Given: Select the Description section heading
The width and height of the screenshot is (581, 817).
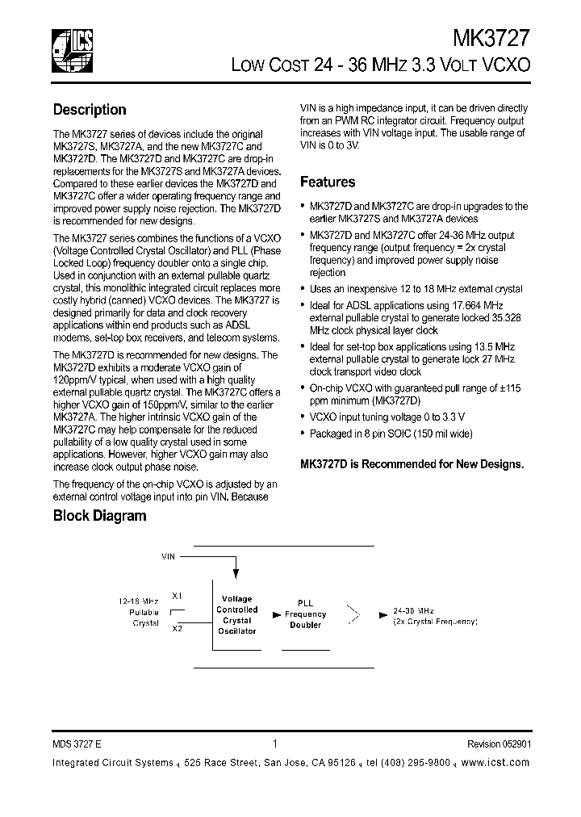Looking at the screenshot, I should [90, 110].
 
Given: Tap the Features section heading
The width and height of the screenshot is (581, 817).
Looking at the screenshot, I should [328, 182].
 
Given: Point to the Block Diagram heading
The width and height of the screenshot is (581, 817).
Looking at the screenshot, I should [99, 516].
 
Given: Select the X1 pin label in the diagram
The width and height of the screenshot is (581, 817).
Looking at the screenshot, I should [177, 595].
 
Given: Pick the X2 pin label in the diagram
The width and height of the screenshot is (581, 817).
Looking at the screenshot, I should [177, 627].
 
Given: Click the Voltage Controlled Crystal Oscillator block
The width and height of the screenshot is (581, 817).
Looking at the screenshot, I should [236, 615].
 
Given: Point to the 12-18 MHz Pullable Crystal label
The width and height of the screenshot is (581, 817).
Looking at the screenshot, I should [139, 613].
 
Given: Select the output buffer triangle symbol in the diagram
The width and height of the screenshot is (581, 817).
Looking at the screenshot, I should [353, 615].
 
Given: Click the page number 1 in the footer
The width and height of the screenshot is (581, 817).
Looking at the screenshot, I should [275, 744].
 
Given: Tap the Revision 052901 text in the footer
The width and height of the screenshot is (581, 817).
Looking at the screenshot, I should [498, 745].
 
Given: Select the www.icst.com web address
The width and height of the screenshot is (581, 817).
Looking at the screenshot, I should [499, 763].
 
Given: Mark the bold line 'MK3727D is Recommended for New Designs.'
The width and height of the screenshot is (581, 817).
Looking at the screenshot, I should [412, 464].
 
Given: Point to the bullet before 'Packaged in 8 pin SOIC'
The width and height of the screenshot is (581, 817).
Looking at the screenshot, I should [303, 434].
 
